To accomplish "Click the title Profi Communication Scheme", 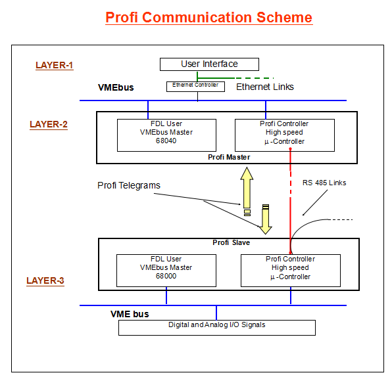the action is [208, 18].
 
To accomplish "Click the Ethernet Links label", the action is [265, 87].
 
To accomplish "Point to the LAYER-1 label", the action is [54, 65].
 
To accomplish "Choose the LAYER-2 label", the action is [49, 124].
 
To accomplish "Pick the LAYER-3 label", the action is [45, 280].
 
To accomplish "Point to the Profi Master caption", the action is [229, 157].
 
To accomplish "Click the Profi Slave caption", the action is [232, 242].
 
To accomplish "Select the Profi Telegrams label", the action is [129, 185].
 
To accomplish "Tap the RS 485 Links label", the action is [324, 183].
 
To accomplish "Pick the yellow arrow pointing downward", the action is [266, 219].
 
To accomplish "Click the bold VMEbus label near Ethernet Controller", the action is [116, 87].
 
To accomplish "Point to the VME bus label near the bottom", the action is [130, 314].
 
